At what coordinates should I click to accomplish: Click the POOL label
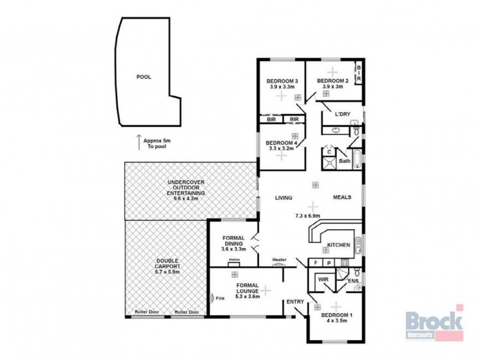tap(143, 77)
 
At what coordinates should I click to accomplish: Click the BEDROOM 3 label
tap(282, 81)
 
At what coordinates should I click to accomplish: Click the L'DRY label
tap(343, 114)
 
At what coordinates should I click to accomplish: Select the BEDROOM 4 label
tap(282, 142)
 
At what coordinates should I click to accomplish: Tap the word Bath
tap(344, 161)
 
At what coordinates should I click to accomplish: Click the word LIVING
tap(283, 197)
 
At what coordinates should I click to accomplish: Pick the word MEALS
tap(342, 197)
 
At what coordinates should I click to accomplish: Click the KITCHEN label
tap(338, 245)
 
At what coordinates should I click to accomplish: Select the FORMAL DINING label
tap(233, 241)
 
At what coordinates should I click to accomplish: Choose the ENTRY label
tap(295, 302)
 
